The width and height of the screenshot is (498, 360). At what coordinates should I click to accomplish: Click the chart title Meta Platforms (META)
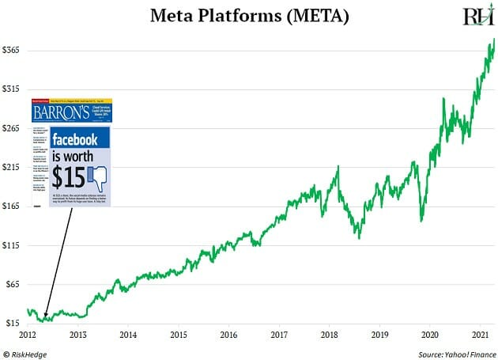[x=248, y=17]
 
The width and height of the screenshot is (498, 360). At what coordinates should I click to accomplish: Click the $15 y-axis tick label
[x=13, y=324]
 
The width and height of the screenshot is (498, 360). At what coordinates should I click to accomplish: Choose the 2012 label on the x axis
[x=27, y=335]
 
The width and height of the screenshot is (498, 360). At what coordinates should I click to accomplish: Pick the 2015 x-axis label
[x=178, y=335]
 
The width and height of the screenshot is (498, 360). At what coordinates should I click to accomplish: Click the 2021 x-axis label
[x=480, y=335]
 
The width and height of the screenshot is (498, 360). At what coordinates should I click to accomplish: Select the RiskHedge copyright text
[x=28, y=352]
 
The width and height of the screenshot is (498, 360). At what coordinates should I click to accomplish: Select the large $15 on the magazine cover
[x=69, y=175]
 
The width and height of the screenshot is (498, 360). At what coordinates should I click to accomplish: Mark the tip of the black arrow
[x=44, y=318]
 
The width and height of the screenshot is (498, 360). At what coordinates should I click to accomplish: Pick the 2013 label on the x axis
[x=77, y=335]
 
